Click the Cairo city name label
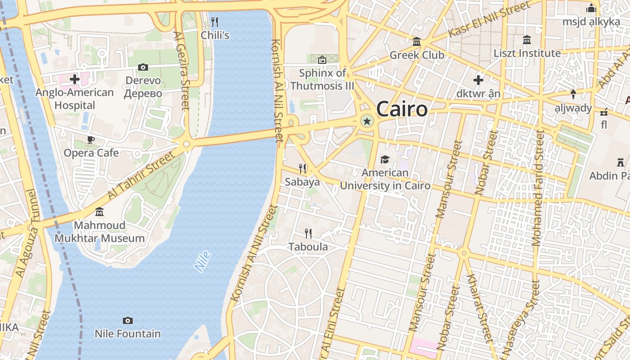(401, 109)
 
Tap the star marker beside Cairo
(367, 121)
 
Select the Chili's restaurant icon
(215, 22)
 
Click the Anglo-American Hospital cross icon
(75, 80)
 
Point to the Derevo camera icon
(143, 67)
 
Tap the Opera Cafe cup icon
(91, 139)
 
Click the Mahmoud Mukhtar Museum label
(100, 232)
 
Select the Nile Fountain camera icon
(128, 320)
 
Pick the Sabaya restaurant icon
(303, 169)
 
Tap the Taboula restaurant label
(308, 247)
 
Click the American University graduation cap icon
(385, 159)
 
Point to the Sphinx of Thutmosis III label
(322, 79)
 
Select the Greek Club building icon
(417, 42)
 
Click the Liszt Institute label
(527, 53)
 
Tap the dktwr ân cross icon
(478, 81)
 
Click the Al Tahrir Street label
(141, 175)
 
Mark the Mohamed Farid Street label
(538, 188)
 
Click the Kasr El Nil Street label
(490, 20)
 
